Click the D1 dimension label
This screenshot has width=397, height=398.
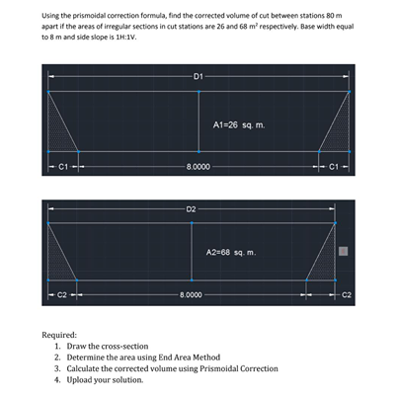(198, 75)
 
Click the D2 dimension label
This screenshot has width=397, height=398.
(191, 209)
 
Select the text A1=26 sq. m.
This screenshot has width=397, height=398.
(238, 125)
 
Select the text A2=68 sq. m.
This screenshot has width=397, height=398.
(231, 253)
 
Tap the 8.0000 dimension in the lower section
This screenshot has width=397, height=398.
(191, 294)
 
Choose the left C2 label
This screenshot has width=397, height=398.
(62, 294)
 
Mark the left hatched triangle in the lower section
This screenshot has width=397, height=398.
(59, 261)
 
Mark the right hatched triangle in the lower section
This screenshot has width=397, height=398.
(325, 263)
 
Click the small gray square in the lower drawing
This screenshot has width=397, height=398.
(345, 252)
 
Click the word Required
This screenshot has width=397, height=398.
(59, 335)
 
